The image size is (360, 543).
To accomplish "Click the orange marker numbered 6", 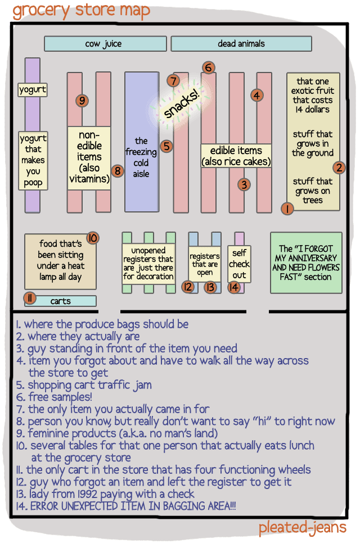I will [x=208, y=68].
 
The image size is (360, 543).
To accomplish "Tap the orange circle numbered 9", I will [x=82, y=101].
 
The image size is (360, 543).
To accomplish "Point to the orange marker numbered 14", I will [x=234, y=287].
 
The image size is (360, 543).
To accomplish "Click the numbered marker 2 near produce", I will [x=339, y=167].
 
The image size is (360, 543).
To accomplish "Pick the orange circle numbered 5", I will [x=166, y=146].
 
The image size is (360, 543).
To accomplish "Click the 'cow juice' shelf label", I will [x=105, y=44].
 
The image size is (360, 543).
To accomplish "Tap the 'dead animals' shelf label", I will [x=241, y=44].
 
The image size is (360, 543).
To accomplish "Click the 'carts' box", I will [x=60, y=301].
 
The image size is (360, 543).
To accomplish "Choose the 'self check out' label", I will [x=239, y=264].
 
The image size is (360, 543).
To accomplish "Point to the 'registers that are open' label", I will [x=205, y=264].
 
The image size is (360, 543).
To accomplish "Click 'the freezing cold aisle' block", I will [x=141, y=157].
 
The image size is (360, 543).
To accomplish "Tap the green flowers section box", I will [x=306, y=263].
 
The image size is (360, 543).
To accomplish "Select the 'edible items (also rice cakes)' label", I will [x=236, y=156].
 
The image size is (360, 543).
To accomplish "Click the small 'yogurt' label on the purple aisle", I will [x=33, y=89].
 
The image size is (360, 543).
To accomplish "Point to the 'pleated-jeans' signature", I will [x=302, y=528].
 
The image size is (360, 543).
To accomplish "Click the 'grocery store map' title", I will [x=82, y=11].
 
